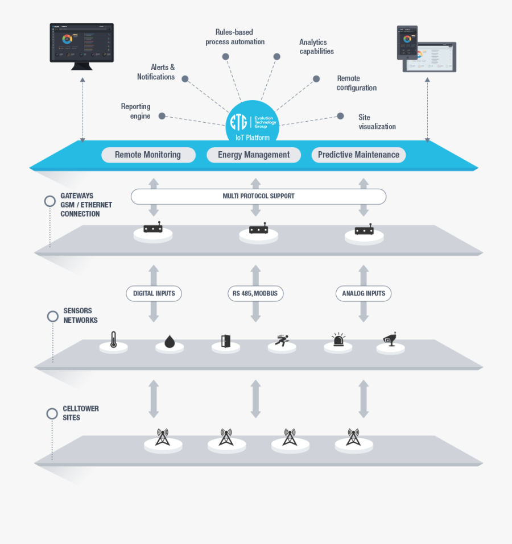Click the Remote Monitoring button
[148, 155]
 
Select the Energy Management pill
[254, 155]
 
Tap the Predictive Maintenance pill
[358, 155]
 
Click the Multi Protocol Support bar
[258, 196]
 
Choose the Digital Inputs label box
[154, 294]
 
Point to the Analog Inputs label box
[364, 294]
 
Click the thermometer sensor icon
[114, 339]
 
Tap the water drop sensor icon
[170, 341]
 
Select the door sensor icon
[225, 341]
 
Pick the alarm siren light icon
[338, 340]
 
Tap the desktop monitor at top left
[82, 44]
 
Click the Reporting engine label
[135, 111]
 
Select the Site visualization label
[377, 122]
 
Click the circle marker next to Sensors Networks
[53, 316]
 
